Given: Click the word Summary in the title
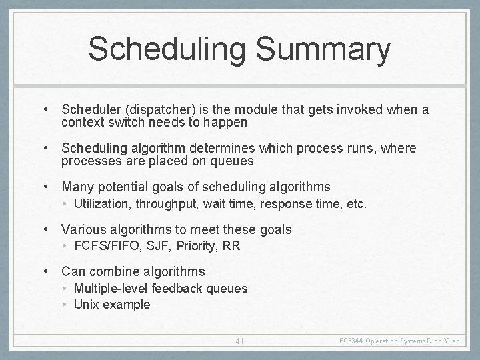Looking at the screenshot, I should (319, 50).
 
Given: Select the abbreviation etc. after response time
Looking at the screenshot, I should (354, 203).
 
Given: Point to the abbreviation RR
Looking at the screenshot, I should (231, 245).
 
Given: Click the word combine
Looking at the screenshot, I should (113, 271).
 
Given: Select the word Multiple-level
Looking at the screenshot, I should (111, 288).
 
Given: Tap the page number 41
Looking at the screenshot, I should (240, 341).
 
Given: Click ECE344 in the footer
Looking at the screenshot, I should (351, 341).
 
